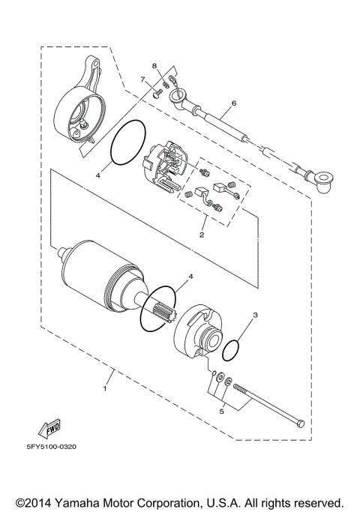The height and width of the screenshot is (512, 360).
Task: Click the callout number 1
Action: click(x=105, y=389)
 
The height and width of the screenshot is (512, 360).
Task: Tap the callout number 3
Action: click(x=254, y=316)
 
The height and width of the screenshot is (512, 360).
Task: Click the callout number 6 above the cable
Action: click(x=233, y=103)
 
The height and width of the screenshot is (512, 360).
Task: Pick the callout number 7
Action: click(x=141, y=79)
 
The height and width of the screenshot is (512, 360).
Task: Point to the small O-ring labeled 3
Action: click(x=233, y=349)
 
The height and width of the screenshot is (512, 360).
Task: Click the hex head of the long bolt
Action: click(x=301, y=424)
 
